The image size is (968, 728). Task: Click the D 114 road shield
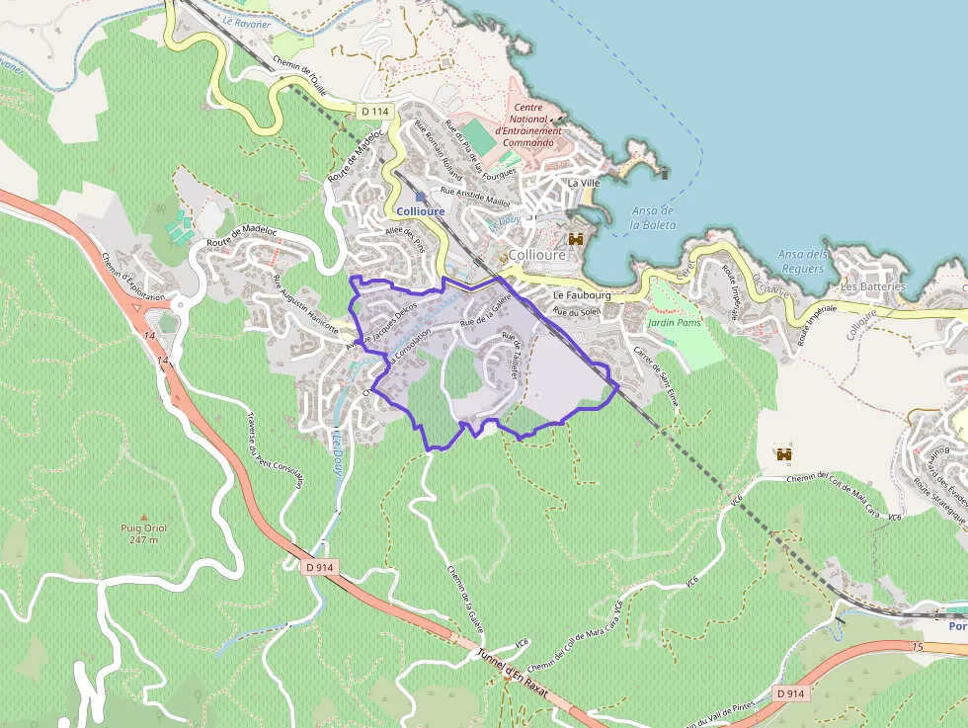(x=372, y=112)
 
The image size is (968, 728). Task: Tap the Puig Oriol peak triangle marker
(x=143, y=516)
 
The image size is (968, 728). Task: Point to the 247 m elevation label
(x=143, y=539)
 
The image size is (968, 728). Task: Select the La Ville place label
(x=583, y=183)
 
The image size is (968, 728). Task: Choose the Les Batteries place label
(x=872, y=286)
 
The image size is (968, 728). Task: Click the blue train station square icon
(x=420, y=197)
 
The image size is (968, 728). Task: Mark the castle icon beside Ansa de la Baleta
(x=575, y=238)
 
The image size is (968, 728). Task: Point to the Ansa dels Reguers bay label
(x=802, y=261)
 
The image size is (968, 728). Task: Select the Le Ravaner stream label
(x=247, y=23)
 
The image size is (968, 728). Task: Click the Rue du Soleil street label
(x=577, y=312)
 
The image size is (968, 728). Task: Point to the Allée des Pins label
(x=403, y=237)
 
